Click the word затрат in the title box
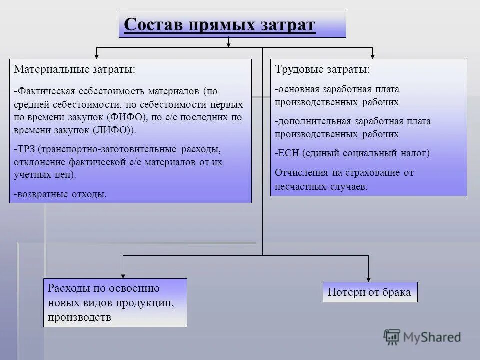(286, 24)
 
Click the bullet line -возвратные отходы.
(60, 194)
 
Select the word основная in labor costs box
(299, 89)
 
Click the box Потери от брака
(369, 292)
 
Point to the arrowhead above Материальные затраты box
(97, 55)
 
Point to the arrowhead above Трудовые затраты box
(372, 55)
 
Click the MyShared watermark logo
(422, 338)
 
